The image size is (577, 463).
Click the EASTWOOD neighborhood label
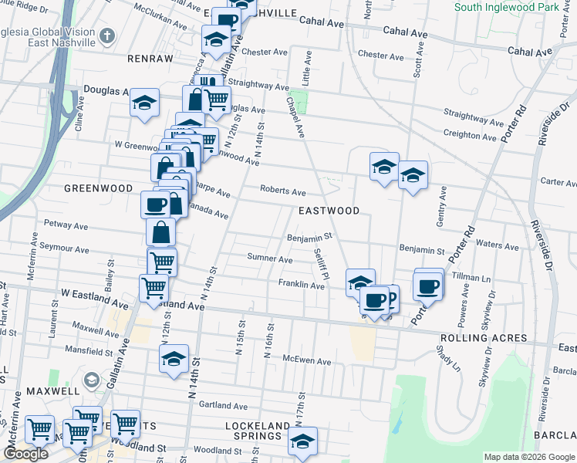(329, 211)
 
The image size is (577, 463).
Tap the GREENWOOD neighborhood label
(98, 188)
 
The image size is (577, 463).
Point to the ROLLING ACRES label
(483, 339)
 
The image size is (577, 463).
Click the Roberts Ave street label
(283, 191)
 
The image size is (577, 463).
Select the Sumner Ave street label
(269, 259)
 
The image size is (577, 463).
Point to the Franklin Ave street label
(301, 285)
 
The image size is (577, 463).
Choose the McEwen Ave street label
(307, 361)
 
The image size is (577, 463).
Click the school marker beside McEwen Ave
(174, 358)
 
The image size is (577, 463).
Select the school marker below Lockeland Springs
(303, 441)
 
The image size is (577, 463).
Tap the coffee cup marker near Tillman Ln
(427, 287)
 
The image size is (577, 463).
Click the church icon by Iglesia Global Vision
(106, 35)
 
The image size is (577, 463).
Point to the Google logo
(25, 455)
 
